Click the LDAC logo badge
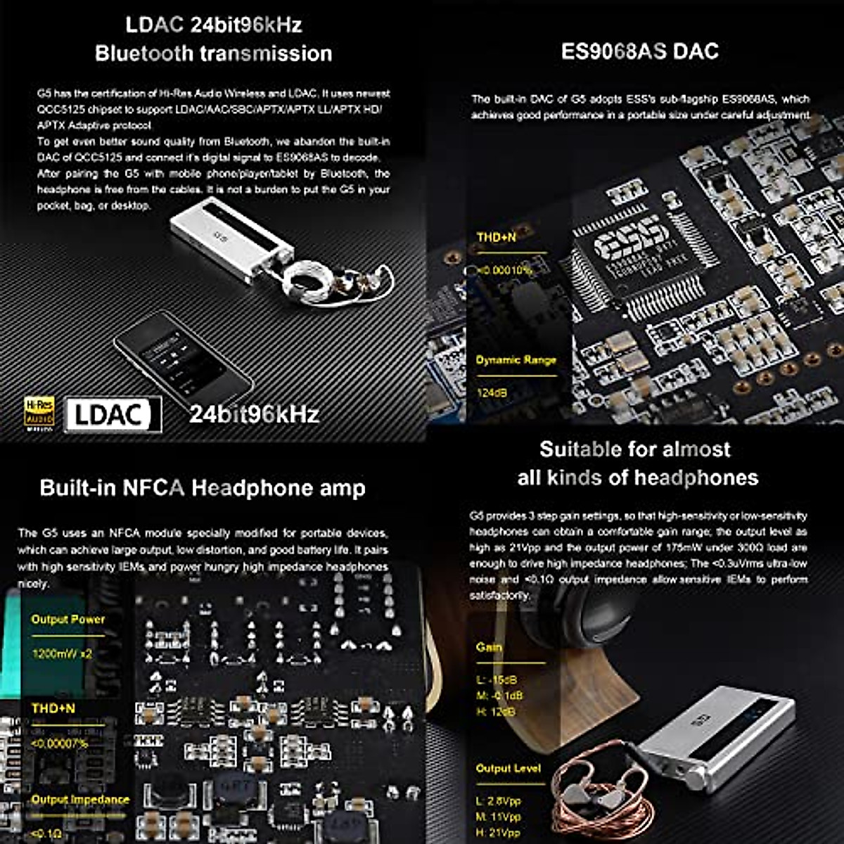pyautogui.click(x=113, y=414)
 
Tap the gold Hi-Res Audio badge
pyautogui.click(x=39, y=414)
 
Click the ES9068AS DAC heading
pyautogui.click(x=639, y=51)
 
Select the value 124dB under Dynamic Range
pyautogui.click(x=492, y=392)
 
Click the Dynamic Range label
pyautogui.click(x=516, y=360)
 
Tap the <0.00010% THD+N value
pyautogui.click(x=505, y=270)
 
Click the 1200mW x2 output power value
pyautogui.click(x=62, y=653)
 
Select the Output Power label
pyautogui.click(x=68, y=620)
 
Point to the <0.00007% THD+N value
pyautogui.click(x=60, y=743)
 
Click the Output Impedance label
pyautogui.click(x=79, y=800)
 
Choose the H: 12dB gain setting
pyautogui.click(x=496, y=712)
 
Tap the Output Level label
pyautogui.click(x=508, y=769)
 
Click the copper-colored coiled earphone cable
pyautogui.click(x=598, y=795)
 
